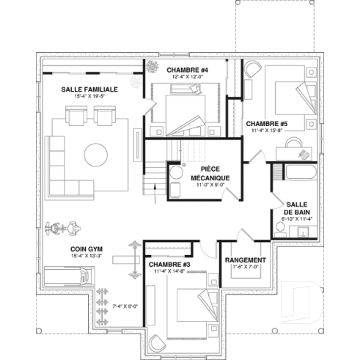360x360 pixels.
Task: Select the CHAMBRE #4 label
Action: click(177, 70)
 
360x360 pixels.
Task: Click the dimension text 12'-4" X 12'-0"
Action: click(177, 78)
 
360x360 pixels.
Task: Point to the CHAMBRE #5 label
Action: click(266, 123)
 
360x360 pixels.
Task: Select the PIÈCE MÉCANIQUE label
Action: click(210, 173)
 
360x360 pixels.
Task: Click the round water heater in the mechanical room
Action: click(177, 173)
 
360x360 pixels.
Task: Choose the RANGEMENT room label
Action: click(245, 260)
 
